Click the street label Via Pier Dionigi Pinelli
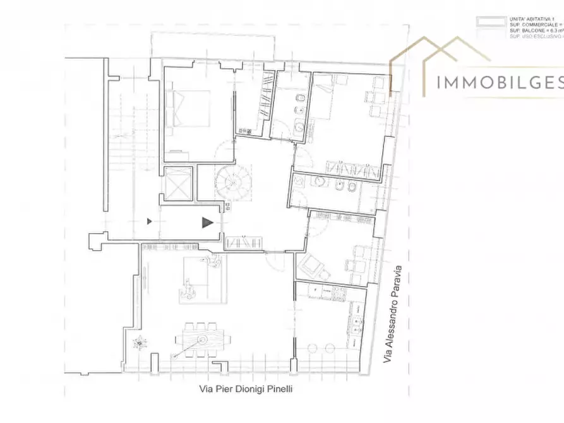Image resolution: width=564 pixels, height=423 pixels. tap(243, 390)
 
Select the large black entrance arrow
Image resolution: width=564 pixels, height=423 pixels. tap(207, 222)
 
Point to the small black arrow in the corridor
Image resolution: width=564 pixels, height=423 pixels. tap(150, 221)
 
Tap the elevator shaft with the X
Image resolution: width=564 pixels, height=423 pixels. tap(176, 184)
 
